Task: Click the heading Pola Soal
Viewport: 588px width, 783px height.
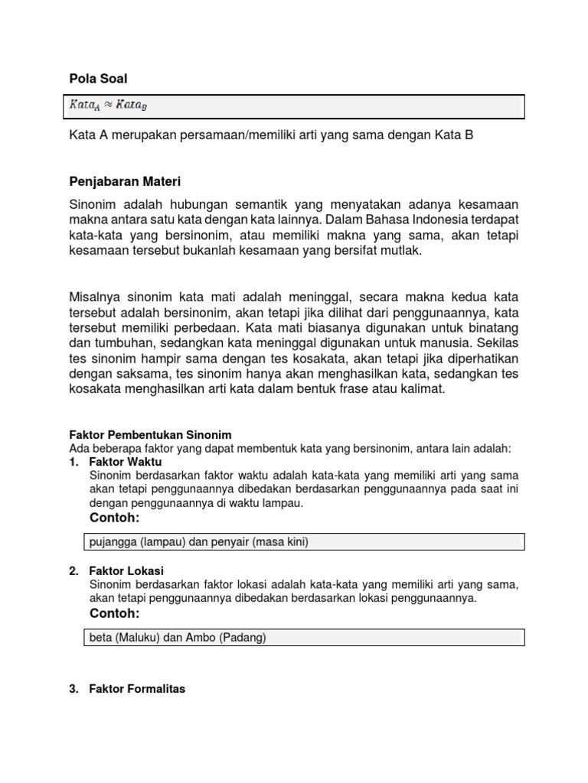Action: [x=98, y=79]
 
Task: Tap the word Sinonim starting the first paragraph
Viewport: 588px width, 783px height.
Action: [x=93, y=205]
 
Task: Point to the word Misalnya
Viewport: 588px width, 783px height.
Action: [x=96, y=296]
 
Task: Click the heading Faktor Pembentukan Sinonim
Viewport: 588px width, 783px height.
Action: [x=150, y=435]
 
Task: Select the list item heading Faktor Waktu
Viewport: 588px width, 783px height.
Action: [x=126, y=462]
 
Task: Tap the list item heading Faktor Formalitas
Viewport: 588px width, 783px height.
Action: [x=137, y=689]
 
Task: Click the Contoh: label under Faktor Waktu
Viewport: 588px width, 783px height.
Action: [x=115, y=518]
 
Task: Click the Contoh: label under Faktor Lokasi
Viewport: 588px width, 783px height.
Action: [x=115, y=614]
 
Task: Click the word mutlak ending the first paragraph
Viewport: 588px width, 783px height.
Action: [x=404, y=251]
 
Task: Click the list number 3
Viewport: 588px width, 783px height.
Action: [x=73, y=689]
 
